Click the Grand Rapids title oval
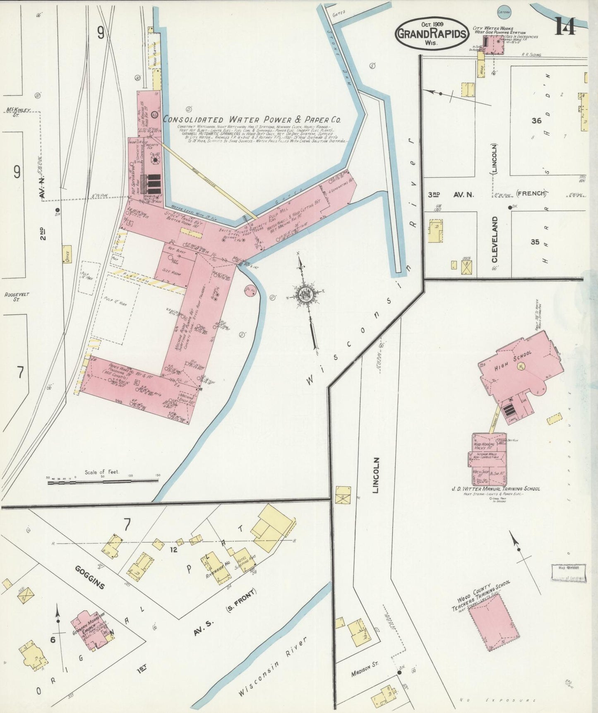point(432,34)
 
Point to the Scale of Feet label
point(101,472)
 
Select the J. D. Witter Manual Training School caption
point(495,489)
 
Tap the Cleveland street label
point(495,239)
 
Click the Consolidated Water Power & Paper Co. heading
point(252,120)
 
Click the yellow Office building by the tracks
point(66,254)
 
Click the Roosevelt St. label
point(17,296)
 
